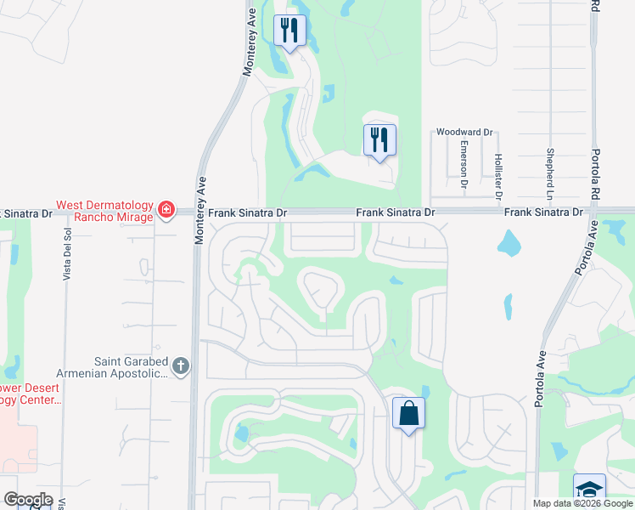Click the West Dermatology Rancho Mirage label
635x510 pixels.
tap(104, 211)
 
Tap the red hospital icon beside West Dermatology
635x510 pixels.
tap(166, 209)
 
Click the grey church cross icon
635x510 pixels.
tap(179, 366)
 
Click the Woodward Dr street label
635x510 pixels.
tap(464, 133)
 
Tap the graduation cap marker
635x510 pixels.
tap(589, 490)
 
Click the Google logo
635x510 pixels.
tap(28, 500)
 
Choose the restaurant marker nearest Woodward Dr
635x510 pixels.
tap(379, 139)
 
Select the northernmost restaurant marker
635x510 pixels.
tap(289, 31)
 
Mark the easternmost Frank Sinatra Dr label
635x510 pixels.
tap(543, 211)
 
